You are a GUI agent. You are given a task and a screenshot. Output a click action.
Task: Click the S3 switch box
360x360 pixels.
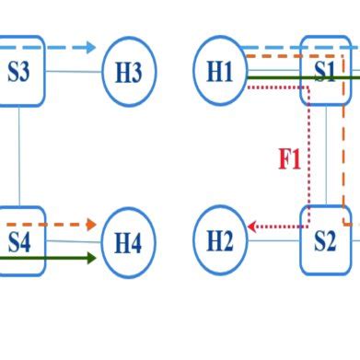(18, 72)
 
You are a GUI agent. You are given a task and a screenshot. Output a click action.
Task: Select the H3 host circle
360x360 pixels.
(129, 72)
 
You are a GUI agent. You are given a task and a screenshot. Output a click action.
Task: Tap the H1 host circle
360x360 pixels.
(220, 72)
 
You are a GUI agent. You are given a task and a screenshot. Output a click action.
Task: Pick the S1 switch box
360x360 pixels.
(325, 72)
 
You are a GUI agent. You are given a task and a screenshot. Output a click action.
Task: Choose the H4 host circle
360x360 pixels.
(127, 243)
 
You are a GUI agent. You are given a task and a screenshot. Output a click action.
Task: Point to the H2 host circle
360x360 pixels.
(220, 241)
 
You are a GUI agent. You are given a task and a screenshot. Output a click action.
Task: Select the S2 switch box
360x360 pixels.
(325, 241)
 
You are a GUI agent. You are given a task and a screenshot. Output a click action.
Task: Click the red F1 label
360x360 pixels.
(289, 160)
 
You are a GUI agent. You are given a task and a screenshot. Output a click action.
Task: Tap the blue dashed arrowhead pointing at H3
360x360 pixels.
(89, 47)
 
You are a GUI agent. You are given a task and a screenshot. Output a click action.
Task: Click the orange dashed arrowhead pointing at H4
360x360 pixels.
(90, 224)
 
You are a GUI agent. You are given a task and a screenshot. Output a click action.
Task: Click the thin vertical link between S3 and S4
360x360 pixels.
(19, 157)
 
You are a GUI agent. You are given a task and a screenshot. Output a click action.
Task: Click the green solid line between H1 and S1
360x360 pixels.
(276, 78)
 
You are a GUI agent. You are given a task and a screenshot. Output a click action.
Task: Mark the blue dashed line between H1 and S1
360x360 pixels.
(276, 47)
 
